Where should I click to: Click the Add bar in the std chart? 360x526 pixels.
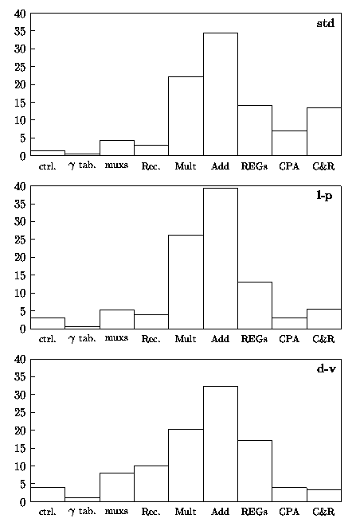(221, 94)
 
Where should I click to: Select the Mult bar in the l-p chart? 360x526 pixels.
(186, 282)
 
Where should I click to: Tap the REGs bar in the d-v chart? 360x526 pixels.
(255, 471)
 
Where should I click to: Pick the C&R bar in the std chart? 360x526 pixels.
(323, 131)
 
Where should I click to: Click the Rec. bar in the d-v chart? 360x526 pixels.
(151, 484)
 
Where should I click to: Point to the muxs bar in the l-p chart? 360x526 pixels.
(117, 319)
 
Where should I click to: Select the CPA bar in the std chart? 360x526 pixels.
(289, 143)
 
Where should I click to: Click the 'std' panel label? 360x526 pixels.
(326, 23)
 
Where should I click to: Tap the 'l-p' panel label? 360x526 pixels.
(324, 196)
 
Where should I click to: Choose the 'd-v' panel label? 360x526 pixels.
(326, 369)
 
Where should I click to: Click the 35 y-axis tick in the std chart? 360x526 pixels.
(20, 31)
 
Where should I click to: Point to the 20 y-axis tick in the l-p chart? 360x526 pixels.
(20, 257)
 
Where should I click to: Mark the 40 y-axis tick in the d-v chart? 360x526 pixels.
(20, 359)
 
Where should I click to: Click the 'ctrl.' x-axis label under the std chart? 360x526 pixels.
(47, 166)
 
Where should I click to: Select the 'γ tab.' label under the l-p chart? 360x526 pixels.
(82, 338)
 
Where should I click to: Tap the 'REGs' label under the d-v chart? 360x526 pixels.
(254, 512)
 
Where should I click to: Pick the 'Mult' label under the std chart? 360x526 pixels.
(186, 166)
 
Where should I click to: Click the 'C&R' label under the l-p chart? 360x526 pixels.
(323, 339)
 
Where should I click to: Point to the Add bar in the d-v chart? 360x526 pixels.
(221, 444)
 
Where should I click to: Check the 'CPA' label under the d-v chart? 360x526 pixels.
(289, 512)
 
